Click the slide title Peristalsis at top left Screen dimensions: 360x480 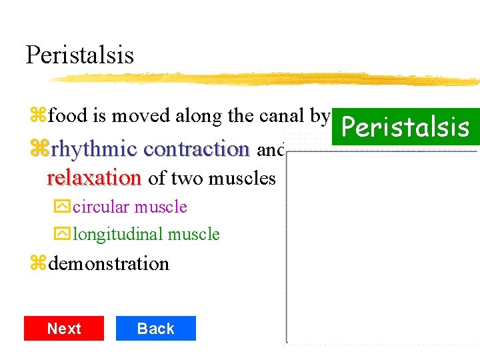[x=79, y=55]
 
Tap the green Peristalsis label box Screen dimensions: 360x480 [x=405, y=126]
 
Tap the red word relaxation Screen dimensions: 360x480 [x=94, y=178]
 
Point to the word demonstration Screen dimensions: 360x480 [x=109, y=264]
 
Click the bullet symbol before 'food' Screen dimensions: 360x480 [x=37, y=117]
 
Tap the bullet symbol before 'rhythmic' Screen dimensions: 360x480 [x=37, y=149]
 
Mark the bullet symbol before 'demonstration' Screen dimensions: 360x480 [x=37, y=264]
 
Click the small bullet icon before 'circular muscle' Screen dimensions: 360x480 [x=62, y=207]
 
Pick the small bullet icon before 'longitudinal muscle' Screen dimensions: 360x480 [x=62, y=235]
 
